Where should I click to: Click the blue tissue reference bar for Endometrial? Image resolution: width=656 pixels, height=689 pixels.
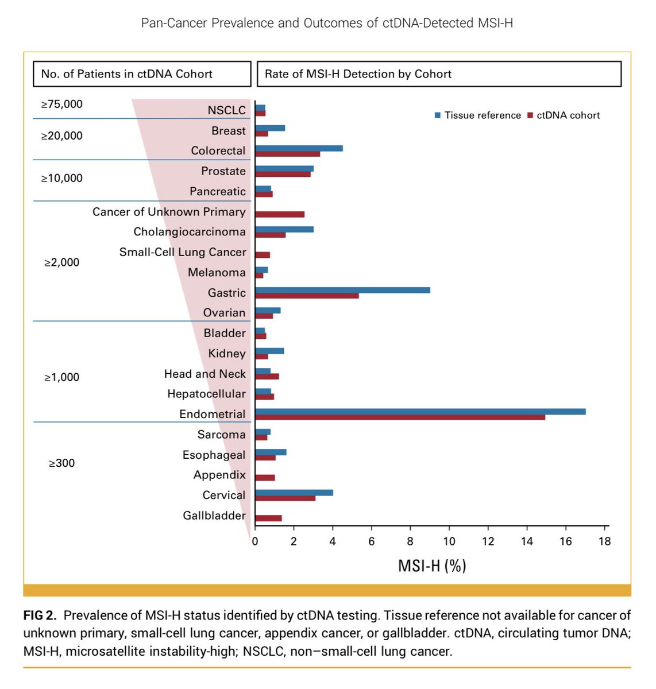420,411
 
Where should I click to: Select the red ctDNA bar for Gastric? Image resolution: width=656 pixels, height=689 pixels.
307,296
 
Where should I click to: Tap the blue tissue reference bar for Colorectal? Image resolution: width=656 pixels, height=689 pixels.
299,148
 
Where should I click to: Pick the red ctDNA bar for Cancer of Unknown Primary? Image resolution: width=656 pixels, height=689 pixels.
280,214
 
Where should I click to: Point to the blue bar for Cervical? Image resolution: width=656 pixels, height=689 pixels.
294,493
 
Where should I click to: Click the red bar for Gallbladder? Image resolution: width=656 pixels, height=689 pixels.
268,518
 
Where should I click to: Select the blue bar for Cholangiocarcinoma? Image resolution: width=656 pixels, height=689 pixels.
284,229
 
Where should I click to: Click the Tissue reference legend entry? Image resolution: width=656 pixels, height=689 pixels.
478,115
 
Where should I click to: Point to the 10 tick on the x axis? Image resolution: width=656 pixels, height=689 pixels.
449,541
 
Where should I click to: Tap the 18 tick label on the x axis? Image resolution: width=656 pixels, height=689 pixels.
604,541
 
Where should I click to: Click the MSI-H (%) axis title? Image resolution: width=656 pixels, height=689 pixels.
432,566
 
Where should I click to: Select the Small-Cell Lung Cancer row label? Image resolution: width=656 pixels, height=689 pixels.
183,252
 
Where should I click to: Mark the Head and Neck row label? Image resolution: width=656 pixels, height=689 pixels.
205,374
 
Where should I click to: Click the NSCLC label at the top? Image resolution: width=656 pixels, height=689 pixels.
226,110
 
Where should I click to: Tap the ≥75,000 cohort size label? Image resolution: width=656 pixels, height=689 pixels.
62,104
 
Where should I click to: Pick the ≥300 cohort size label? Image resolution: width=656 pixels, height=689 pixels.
62,463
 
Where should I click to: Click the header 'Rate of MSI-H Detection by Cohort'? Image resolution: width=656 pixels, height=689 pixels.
358,74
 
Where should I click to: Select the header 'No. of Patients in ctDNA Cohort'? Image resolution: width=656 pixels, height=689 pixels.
127,74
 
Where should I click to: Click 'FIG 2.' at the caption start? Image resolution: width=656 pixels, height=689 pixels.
40,616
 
